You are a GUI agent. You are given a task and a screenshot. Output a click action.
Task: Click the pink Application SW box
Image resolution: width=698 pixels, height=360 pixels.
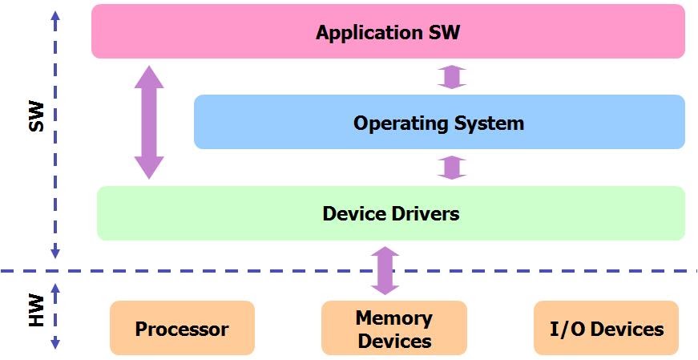coord(388,32)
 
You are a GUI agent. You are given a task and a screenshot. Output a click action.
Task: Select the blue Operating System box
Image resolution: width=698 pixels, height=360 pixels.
coord(439,123)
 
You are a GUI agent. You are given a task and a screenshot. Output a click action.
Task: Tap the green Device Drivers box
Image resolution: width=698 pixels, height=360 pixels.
coord(390,213)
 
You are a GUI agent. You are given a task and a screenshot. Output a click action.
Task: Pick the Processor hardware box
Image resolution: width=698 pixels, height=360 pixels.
coord(182,329)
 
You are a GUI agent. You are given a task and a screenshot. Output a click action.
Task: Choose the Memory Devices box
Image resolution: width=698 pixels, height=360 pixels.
coord(393,329)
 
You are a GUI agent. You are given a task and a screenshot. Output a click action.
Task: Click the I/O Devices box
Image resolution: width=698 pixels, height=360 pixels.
coord(606,329)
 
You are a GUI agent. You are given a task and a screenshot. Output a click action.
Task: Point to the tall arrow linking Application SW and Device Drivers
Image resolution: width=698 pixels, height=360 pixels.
coord(148,122)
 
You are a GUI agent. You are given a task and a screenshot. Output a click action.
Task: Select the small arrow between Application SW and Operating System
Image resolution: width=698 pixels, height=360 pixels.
coord(452,77)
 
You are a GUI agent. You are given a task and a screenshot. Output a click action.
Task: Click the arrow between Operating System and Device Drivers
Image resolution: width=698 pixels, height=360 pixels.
coord(452,168)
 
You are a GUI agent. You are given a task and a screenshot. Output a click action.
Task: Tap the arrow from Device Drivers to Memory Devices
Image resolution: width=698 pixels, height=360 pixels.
coord(385,271)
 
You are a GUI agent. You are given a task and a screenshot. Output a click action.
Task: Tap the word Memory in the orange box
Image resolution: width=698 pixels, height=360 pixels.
coord(393,318)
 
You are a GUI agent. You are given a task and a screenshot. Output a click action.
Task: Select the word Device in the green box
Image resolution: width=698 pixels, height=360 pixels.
coord(349,213)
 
